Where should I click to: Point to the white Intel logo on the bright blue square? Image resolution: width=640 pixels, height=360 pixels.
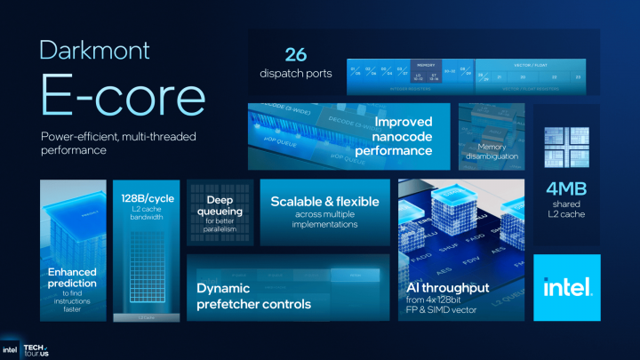coord(566,288)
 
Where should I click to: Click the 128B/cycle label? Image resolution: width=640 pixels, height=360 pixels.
coord(148,196)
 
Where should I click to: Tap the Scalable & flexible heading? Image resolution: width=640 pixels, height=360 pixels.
coord(324,202)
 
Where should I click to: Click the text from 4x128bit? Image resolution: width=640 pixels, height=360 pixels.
coord(449,304)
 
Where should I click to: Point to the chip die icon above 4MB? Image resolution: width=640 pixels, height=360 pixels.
coord(566,148)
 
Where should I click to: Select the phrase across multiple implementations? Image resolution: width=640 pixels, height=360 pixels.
coord(324,220)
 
